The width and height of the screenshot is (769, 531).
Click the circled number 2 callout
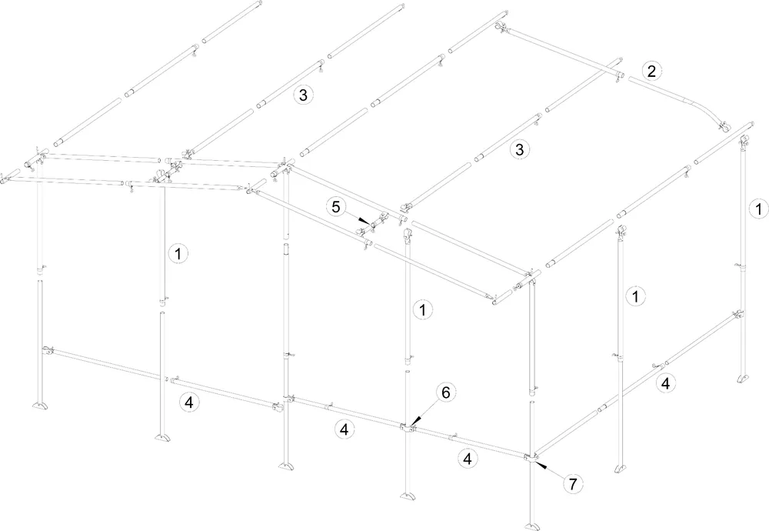point(651,71)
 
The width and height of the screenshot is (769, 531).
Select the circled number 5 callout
point(335,206)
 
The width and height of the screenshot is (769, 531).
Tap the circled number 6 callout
point(446,392)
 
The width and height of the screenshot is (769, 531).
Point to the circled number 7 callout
point(573,484)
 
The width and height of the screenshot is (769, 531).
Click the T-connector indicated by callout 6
point(407,429)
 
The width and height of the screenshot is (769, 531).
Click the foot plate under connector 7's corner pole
point(532,526)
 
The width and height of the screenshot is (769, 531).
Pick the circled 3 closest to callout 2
point(519,149)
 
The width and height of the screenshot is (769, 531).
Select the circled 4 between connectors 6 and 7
point(467,459)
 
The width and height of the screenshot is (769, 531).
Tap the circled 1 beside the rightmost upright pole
point(758,209)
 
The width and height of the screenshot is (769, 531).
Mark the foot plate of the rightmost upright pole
point(744,379)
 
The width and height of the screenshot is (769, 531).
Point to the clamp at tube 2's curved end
point(722,127)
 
